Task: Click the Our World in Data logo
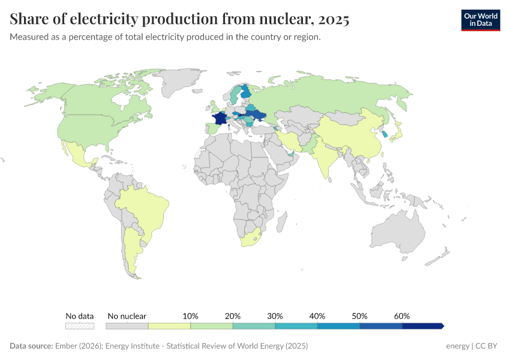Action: click(480, 20)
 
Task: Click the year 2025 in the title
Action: click(334, 20)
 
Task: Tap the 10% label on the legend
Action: click(190, 316)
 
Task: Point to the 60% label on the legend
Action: click(402, 316)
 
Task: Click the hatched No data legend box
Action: click(80, 326)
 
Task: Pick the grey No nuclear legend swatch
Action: click(127, 326)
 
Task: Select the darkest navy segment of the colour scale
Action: click(422, 326)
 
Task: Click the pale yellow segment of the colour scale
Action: click(169, 326)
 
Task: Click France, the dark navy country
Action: click(220, 119)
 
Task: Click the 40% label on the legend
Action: click(317, 316)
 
